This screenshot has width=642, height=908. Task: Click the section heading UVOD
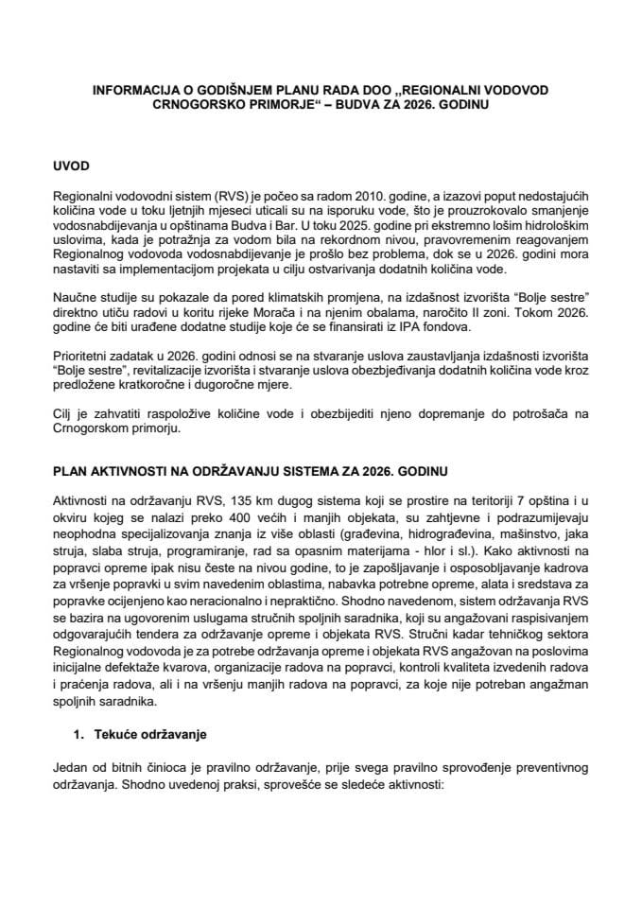click(72, 166)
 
